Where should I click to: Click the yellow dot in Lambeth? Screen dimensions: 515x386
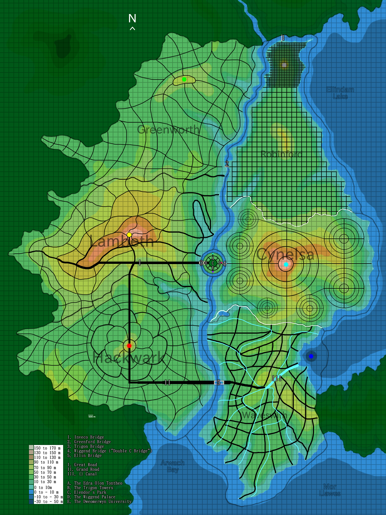[129, 235]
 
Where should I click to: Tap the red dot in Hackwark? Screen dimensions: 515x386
[129, 345]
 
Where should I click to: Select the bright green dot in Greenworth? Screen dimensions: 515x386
[184, 79]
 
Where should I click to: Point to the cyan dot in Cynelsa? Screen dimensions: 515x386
[286, 264]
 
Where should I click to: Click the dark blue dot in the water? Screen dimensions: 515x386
[311, 356]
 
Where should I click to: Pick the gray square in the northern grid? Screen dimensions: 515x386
[284, 65]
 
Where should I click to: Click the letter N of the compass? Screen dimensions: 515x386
[132, 18]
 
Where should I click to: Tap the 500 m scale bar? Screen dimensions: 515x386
[92, 416]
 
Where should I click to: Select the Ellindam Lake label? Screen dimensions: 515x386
[340, 93]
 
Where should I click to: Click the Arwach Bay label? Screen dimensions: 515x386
[173, 466]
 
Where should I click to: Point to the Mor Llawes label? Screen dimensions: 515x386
[330, 490]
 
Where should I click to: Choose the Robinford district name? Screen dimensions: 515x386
[281, 154]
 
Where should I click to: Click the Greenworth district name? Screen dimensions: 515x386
[168, 129]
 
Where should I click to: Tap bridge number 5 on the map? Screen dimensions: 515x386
[219, 382]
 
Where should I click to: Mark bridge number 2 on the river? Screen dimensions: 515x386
[227, 164]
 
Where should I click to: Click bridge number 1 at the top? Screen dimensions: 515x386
[283, 38]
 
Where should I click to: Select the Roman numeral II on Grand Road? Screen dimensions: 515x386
[167, 382]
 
